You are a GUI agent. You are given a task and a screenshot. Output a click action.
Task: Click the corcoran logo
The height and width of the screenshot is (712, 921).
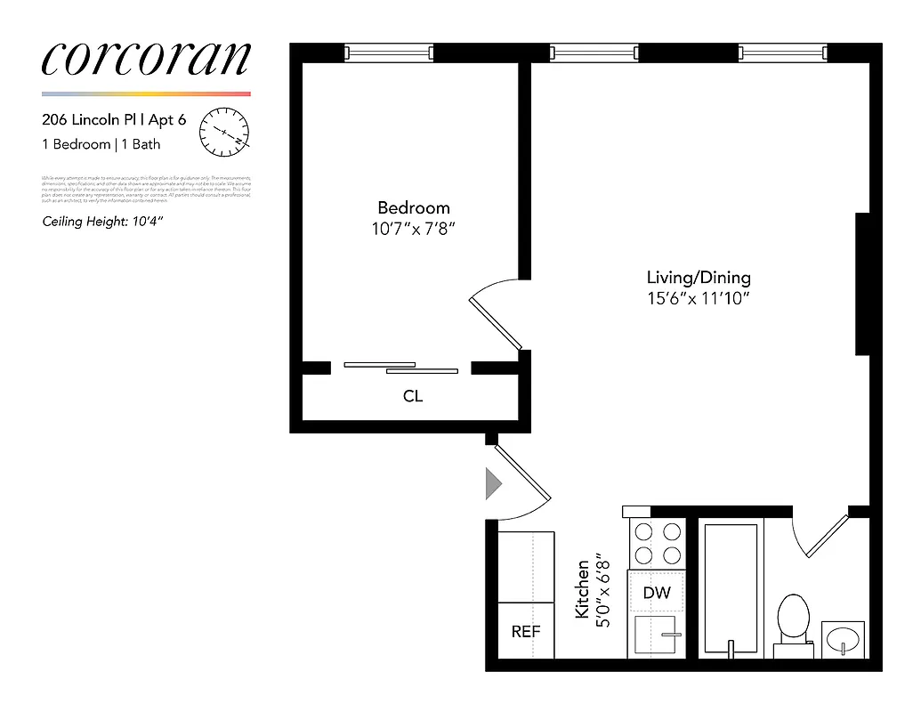coord(146,59)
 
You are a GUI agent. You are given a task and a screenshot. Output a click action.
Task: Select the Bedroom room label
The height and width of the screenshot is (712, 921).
coord(413,207)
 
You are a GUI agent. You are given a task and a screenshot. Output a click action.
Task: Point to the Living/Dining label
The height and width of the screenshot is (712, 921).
coord(699,278)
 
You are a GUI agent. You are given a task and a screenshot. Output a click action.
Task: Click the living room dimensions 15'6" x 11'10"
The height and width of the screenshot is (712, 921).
coord(699,299)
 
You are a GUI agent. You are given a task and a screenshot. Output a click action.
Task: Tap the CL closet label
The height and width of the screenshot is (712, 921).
coord(413,396)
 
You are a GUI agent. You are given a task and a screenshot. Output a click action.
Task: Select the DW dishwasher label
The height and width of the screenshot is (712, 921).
coord(657,593)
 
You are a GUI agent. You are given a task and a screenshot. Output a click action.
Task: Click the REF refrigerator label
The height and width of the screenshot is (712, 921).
coord(525,631)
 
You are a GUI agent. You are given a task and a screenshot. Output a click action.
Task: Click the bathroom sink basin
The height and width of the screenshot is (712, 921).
coord(843,639)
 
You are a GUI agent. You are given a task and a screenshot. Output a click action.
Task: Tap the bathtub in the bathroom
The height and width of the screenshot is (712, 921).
coord(731,587)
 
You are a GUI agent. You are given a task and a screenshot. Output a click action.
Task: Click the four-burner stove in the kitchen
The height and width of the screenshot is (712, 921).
coord(657,544)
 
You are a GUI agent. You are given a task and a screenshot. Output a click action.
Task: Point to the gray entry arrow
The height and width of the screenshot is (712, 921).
coord(492,484)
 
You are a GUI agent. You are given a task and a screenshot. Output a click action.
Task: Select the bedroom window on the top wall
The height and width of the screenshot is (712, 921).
coord(389,53)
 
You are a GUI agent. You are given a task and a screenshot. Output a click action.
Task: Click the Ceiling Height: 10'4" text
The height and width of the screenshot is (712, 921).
coord(102,222)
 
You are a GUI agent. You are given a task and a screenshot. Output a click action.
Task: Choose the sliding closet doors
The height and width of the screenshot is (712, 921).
coord(400,367)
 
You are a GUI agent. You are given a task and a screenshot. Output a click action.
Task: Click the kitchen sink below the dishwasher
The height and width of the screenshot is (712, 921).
coord(657,635)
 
